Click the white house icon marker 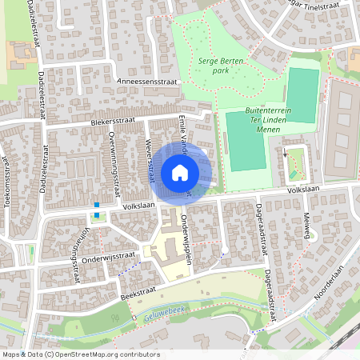pos(180,172)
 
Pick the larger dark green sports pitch pos(246,141)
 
